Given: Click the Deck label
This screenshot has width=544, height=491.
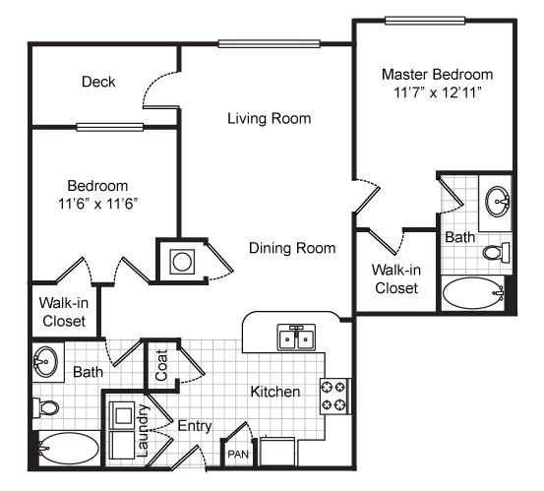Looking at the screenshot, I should pyautogui.click(x=98, y=82).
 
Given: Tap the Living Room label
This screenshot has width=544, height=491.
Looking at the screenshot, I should pyautogui.click(x=269, y=119).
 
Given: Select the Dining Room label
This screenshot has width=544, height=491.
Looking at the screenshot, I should pyautogui.click(x=291, y=248).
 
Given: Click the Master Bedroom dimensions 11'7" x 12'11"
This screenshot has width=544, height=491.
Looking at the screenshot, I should pyautogui.click(x=437, y=93).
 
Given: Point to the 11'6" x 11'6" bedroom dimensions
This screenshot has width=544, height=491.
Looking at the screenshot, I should pyautogui.click(x=97, y=204).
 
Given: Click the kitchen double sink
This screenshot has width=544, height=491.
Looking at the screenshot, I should pyautogui.click(x=295, y=337).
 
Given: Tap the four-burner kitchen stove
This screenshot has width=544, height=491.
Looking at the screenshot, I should pyautogui.click(x=333, y=395).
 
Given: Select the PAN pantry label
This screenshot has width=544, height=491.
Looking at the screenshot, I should pyautogui.click(x=238, y=455).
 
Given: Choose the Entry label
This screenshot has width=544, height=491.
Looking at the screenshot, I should pyautogui.click(x=194, y=425).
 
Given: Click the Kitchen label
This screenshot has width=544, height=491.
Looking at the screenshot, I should pyautogui.click(x=274, y=392).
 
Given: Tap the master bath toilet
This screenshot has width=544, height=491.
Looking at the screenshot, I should pyautogui.click(x=496, y=252).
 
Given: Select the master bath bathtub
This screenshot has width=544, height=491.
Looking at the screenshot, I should pyautogui.click(x=472, y=293).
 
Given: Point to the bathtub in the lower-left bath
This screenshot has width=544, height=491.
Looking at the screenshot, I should pyautogui.click(x=68, y=450).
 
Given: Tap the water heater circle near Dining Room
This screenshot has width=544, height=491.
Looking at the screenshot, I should pyautogui.click(x=182, y=262).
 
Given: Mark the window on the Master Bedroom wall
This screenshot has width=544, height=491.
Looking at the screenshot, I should pyautogui.click(x=425, y=20).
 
